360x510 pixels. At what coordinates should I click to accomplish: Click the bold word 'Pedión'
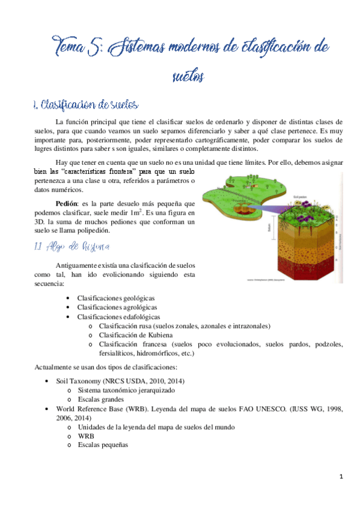click(x=66, y=203)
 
